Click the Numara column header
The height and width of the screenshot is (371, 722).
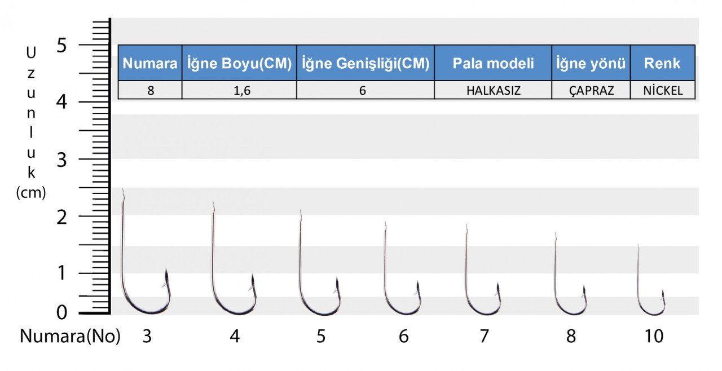click(150, 63)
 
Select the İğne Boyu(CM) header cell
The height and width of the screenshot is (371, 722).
click(239, 63)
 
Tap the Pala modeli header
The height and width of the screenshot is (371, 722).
click(493, 63)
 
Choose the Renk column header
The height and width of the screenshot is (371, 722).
click(662, 63)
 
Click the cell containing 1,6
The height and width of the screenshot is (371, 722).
click(239, 90)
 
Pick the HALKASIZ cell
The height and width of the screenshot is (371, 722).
click(493, 90)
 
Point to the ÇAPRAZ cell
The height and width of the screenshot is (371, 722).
click(591, 90)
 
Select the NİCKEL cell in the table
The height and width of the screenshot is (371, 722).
click(662, 90)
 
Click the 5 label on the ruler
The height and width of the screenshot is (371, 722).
click(61, 45)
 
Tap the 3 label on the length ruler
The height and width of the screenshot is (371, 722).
click(61, 160)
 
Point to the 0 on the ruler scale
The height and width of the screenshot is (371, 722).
click(61, 312)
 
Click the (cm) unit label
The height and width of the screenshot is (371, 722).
click(31, 193)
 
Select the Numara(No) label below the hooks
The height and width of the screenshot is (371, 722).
click(70, 336)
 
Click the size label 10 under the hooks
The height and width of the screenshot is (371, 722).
click(654, 336)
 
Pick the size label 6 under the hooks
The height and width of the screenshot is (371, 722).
click(403, 336)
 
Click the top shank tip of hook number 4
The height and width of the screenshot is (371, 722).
click(213, 201)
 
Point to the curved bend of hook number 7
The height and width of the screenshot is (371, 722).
click(482, 312)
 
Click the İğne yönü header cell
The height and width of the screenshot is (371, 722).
click(591, 63)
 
